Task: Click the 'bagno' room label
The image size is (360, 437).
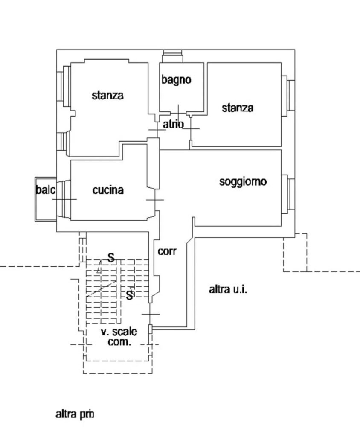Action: (176, 79)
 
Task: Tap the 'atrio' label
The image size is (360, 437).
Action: (173, 124)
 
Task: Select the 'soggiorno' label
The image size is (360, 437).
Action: (243, 181)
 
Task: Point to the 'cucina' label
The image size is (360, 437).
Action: (108, 190)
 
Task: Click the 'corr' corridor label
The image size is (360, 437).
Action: (167, 251)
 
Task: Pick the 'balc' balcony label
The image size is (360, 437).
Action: (45, 190)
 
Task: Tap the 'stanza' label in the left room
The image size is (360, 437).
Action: (107, 95)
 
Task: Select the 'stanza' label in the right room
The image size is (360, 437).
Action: (237, 108)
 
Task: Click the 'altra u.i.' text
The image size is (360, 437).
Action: (228, 290)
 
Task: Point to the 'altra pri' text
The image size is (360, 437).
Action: (75, 414)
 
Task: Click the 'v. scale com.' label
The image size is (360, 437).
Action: (119, 337)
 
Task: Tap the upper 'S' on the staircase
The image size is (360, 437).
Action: (111, 257)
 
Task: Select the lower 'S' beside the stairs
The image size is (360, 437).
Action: (130, 294)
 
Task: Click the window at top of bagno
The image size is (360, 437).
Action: (173, 55)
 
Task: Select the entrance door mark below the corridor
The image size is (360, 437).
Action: (150, 314)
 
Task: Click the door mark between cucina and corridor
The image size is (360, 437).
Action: (154, 200)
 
